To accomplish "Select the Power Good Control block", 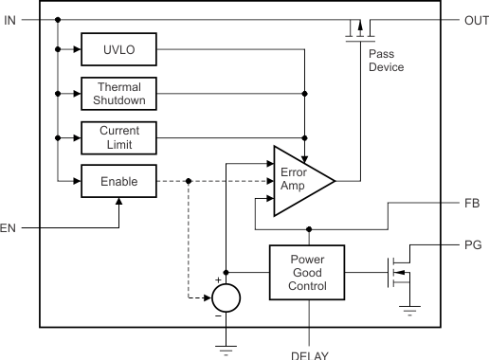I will point(307,273).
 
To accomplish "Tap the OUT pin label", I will point(475,20).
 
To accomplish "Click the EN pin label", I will point(9,228).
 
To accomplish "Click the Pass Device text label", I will point(385,61).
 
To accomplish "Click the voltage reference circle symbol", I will point(226,297).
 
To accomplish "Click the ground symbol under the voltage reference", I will point(226,350).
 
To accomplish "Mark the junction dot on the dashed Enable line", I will point(189,181).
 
